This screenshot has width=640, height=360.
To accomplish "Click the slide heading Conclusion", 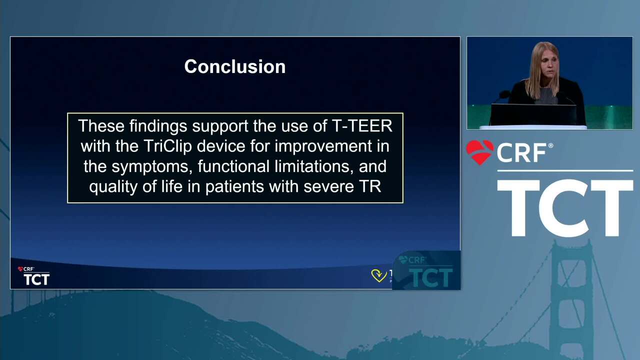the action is (x=235, y=66).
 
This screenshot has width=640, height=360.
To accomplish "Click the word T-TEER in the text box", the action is (x=362, y=125).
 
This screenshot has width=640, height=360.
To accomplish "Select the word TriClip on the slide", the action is (x=167, y=146).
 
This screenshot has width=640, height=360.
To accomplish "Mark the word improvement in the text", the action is (x=323, y=146).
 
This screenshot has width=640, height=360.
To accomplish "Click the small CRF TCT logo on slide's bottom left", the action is (x=33, y=276).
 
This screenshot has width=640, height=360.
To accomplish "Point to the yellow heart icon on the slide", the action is (x=379, y=275).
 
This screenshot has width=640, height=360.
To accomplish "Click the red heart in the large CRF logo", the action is (x=480, y=152).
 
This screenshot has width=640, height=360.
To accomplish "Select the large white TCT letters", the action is (x=565, y=208).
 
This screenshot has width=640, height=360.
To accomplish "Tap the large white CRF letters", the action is (x=522, y=152).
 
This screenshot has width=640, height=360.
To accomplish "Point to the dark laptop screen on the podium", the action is (x=533, y=114).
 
